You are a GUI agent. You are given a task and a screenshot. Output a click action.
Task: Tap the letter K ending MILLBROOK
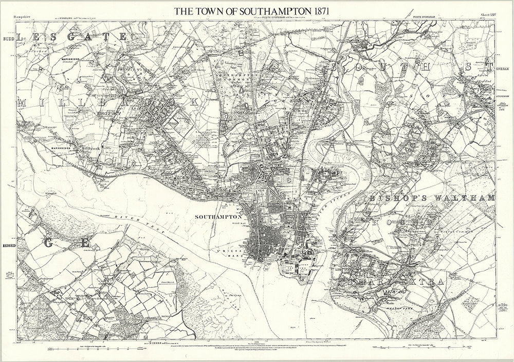[193, 102]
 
